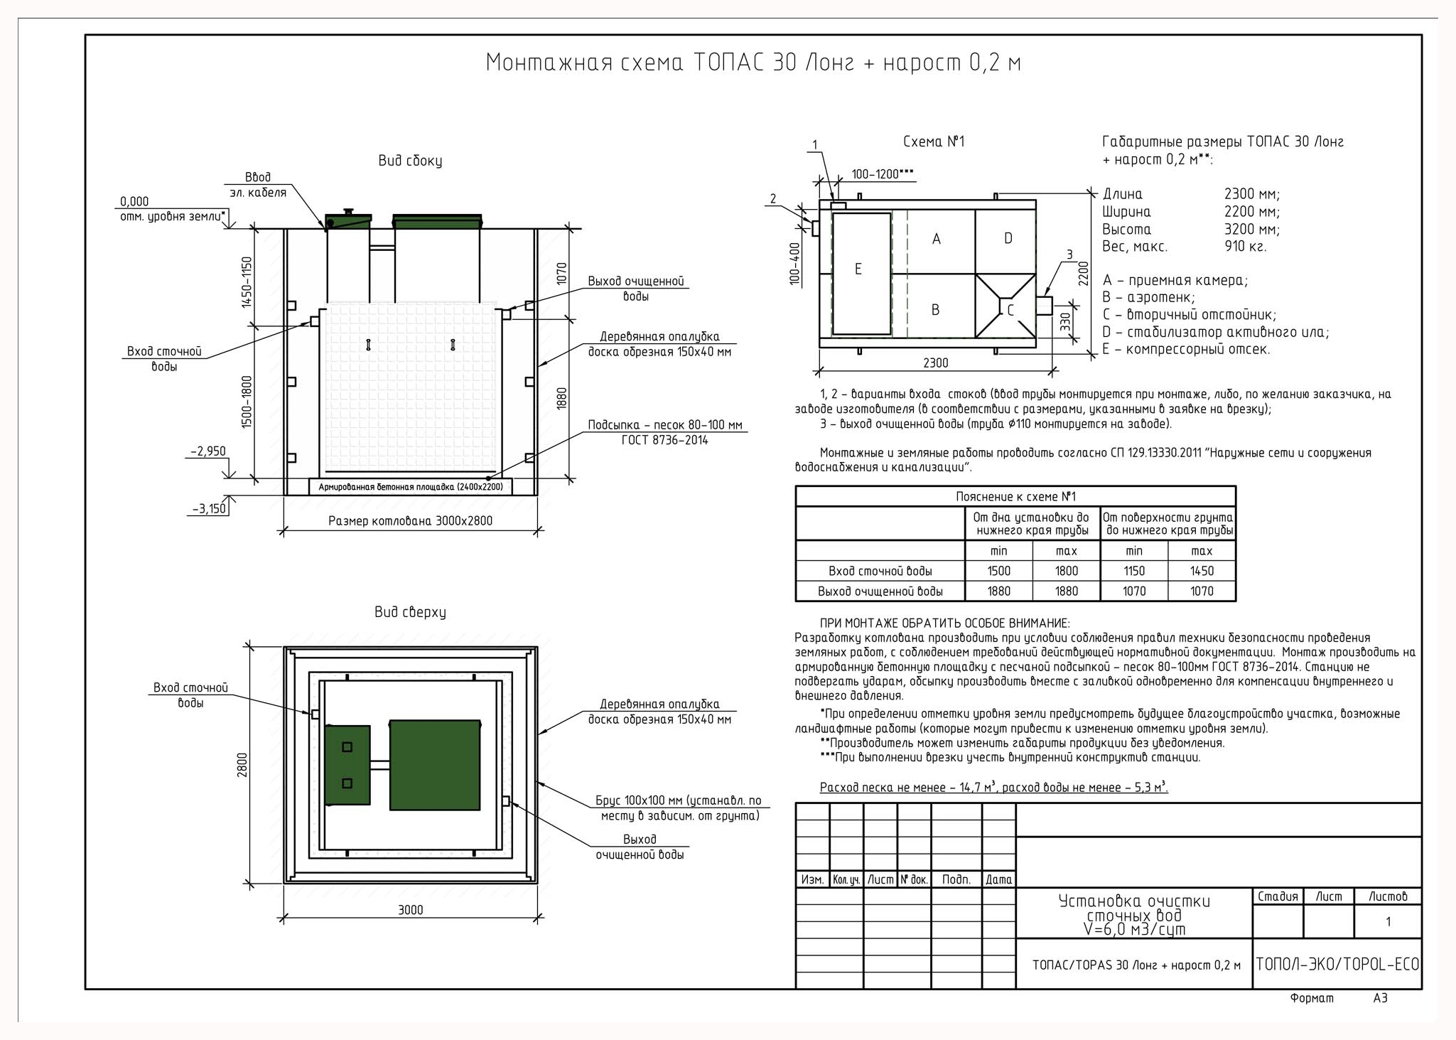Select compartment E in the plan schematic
861,274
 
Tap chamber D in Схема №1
1005,241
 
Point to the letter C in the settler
1010,310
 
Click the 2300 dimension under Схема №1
935,363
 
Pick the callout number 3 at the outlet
1069,255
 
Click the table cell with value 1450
1202,571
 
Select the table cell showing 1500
998,571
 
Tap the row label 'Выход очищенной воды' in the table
880,591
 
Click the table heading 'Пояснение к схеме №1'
1015,497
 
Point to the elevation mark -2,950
207,451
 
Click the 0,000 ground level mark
134,202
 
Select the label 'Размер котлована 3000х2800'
410,521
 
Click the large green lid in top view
435,765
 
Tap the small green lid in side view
348,220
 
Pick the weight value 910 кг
1245,247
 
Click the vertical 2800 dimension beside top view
242,765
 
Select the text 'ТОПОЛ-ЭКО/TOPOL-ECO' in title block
1337,964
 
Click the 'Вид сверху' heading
410,612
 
